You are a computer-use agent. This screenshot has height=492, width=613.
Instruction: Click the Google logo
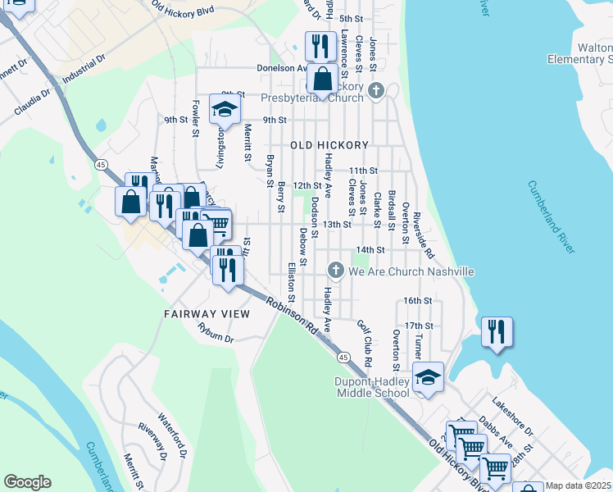click(27, 482)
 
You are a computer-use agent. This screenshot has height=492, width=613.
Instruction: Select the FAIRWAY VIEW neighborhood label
click(206, 314)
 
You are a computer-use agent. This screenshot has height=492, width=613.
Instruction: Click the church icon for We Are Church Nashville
click(335, 270)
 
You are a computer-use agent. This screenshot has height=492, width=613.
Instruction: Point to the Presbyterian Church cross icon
click(376, 89)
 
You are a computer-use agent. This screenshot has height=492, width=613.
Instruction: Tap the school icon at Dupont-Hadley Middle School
click(426, 377)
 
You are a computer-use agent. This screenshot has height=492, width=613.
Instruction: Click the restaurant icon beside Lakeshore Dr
click(497, 332)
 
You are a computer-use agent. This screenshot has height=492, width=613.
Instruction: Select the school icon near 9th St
click(224, 108)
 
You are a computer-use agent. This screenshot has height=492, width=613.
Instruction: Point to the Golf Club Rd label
click(366, 344)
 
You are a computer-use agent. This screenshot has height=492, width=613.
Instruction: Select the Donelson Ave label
click(281, 69)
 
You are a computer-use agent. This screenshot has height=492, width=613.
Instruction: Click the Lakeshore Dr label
click(512, 417)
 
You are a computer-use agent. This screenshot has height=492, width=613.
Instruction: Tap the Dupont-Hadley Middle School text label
click(371, 387)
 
